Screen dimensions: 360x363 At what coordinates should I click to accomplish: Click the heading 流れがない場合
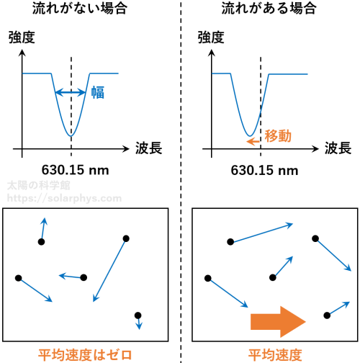[x=80, y=8]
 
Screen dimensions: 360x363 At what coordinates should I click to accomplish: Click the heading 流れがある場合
[x=269, y=8]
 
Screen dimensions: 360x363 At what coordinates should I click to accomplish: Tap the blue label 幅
[x=98, y=92]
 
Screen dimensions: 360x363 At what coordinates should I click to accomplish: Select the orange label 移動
[x=278, y=136]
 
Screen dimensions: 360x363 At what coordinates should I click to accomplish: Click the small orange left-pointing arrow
[x=253, y=141]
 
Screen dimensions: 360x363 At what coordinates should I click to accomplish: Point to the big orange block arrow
[x=278, y=322]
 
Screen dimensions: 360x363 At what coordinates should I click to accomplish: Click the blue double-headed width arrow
[x=71, y=92]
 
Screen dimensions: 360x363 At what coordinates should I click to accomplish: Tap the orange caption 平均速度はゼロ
[x=85, y=355]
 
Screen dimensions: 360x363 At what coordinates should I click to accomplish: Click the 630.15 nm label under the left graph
[x=75, y=170]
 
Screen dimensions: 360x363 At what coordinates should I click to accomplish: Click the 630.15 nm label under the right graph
[x=264, y=170]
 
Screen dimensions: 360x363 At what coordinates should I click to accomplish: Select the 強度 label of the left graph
[x=22, y=37]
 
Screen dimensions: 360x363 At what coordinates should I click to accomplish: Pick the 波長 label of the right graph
[x=338, y=148]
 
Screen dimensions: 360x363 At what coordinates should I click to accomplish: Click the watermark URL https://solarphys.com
[x=64, y=198]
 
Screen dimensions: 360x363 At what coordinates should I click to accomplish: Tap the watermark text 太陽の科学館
[x=39, y=186]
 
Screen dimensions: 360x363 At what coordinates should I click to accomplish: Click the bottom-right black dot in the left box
[x=138, y=315]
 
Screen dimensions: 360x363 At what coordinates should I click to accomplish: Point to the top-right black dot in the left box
[x=126, y=238]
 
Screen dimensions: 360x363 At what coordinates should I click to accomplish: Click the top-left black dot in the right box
[x=230, y=242]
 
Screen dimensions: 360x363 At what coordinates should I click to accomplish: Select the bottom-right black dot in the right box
[x=327, y=315]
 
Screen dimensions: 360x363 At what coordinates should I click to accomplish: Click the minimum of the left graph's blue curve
[x=71, y=136]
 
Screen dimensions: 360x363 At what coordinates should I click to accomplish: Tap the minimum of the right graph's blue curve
[x=250, y=136]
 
